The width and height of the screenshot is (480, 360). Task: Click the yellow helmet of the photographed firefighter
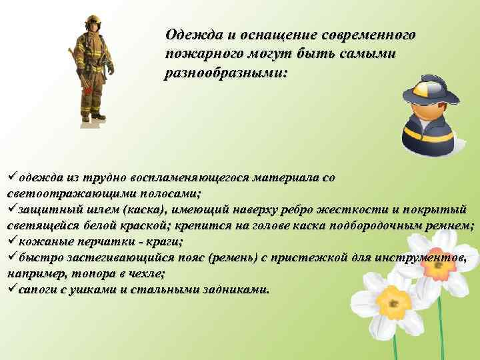(91, 21)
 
